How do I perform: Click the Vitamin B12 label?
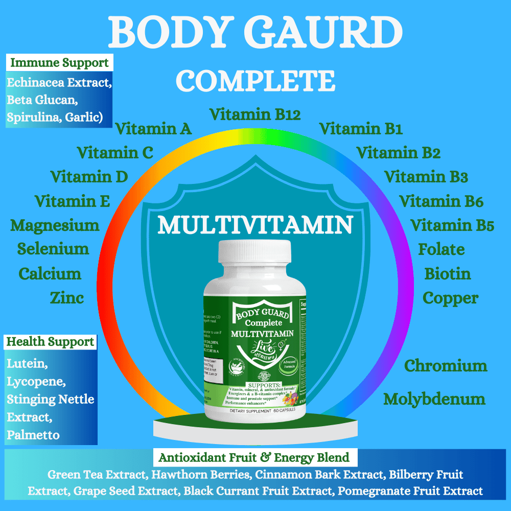point(255,114)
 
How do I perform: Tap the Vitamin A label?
point(153,129)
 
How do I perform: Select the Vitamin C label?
point(115,152)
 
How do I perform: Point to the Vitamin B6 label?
point(441,201)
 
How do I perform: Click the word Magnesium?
point(55,225)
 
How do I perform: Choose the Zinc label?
point(67,298)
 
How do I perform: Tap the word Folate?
point(442,249)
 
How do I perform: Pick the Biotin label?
point(448,273)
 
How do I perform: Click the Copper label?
point(451,298)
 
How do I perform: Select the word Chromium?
point(446,366)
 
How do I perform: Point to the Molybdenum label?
point(434,399)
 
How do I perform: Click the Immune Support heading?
point(60,63)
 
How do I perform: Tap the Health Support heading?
point(51,342)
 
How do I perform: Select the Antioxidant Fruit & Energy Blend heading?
point(254,457)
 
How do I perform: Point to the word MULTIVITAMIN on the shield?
point(255,225)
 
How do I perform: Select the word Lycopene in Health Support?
point(36,381)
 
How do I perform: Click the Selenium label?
point(53,249)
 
